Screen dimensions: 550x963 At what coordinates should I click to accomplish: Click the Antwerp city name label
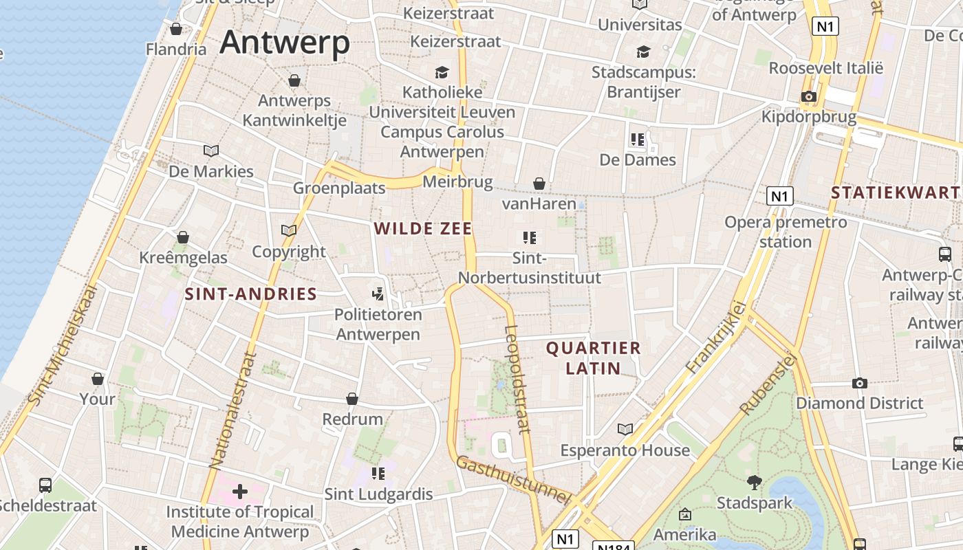pos(285,43)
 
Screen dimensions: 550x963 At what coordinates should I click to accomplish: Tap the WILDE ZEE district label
pos(423,229)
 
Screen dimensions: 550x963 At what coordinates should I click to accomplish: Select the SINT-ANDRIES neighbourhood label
pos(250,294)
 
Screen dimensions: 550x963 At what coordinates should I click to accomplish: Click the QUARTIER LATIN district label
pos(594,357)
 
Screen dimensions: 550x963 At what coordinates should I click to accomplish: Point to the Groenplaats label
pos(339,188)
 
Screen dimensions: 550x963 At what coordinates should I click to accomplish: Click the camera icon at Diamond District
pos(859,383)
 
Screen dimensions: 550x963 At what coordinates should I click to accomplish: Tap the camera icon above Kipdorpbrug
pos(809,96)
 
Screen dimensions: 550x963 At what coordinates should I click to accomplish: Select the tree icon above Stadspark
pos(755,483)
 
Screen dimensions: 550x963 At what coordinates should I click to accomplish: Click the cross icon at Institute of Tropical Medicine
pos(240,492)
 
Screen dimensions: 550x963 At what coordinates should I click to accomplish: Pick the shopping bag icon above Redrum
pos(352,399)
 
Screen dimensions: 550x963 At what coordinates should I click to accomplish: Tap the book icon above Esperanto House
pos(625,430)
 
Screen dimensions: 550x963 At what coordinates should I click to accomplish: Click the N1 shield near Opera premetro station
pos(779,197)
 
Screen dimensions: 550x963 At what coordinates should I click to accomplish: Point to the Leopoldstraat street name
pos(517,378)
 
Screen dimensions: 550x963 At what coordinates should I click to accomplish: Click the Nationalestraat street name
pos(233,410)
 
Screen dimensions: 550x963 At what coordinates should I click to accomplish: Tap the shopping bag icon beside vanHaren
pos(539,184)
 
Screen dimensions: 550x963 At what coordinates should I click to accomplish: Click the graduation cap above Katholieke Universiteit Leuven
pos(442,72)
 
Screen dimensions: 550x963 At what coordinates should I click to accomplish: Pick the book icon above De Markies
pos(211,151)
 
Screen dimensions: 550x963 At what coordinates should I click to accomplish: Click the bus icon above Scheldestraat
pos(45,485)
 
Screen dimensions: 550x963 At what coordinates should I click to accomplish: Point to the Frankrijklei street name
pos(716,337)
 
